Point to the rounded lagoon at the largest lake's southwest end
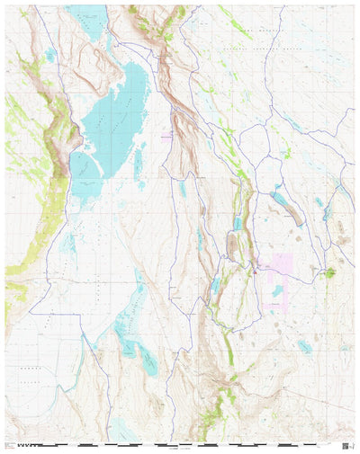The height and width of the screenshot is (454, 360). coord(81,165)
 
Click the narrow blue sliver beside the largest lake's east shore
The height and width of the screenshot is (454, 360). coord(138,162)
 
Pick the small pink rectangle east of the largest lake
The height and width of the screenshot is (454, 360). coord(166,136)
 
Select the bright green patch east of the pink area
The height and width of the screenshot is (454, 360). coord(330,272)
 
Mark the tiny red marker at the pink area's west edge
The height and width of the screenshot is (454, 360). coord(257,267)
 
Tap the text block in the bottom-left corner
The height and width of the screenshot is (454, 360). coord(11,445)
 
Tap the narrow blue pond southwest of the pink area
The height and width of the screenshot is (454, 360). coord(216,286)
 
